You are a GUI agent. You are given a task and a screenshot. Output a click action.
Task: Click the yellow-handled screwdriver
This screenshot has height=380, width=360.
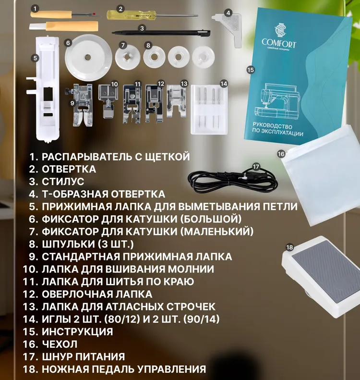point(153,15)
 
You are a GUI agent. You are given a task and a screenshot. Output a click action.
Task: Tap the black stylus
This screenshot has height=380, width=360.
point(161,33)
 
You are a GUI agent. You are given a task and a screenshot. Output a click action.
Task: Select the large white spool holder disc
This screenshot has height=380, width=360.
point(88,57)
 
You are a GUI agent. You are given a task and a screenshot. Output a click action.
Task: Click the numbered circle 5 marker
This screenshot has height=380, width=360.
point(36,58)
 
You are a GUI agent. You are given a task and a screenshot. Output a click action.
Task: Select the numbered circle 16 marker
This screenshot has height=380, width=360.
point(281,154)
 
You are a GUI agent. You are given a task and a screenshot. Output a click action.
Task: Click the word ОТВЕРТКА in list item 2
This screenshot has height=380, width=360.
point(69,169)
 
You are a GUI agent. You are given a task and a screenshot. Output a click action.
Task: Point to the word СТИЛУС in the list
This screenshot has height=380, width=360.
point(63,182)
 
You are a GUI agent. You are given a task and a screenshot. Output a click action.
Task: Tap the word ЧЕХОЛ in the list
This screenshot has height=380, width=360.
point(60,344)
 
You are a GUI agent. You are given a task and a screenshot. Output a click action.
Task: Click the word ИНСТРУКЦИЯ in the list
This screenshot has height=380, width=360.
point(77,331)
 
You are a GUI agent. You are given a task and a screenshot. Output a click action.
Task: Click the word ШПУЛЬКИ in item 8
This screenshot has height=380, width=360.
point(69,244)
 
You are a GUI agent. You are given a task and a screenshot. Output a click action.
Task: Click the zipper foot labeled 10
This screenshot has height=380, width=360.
point(108,100)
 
